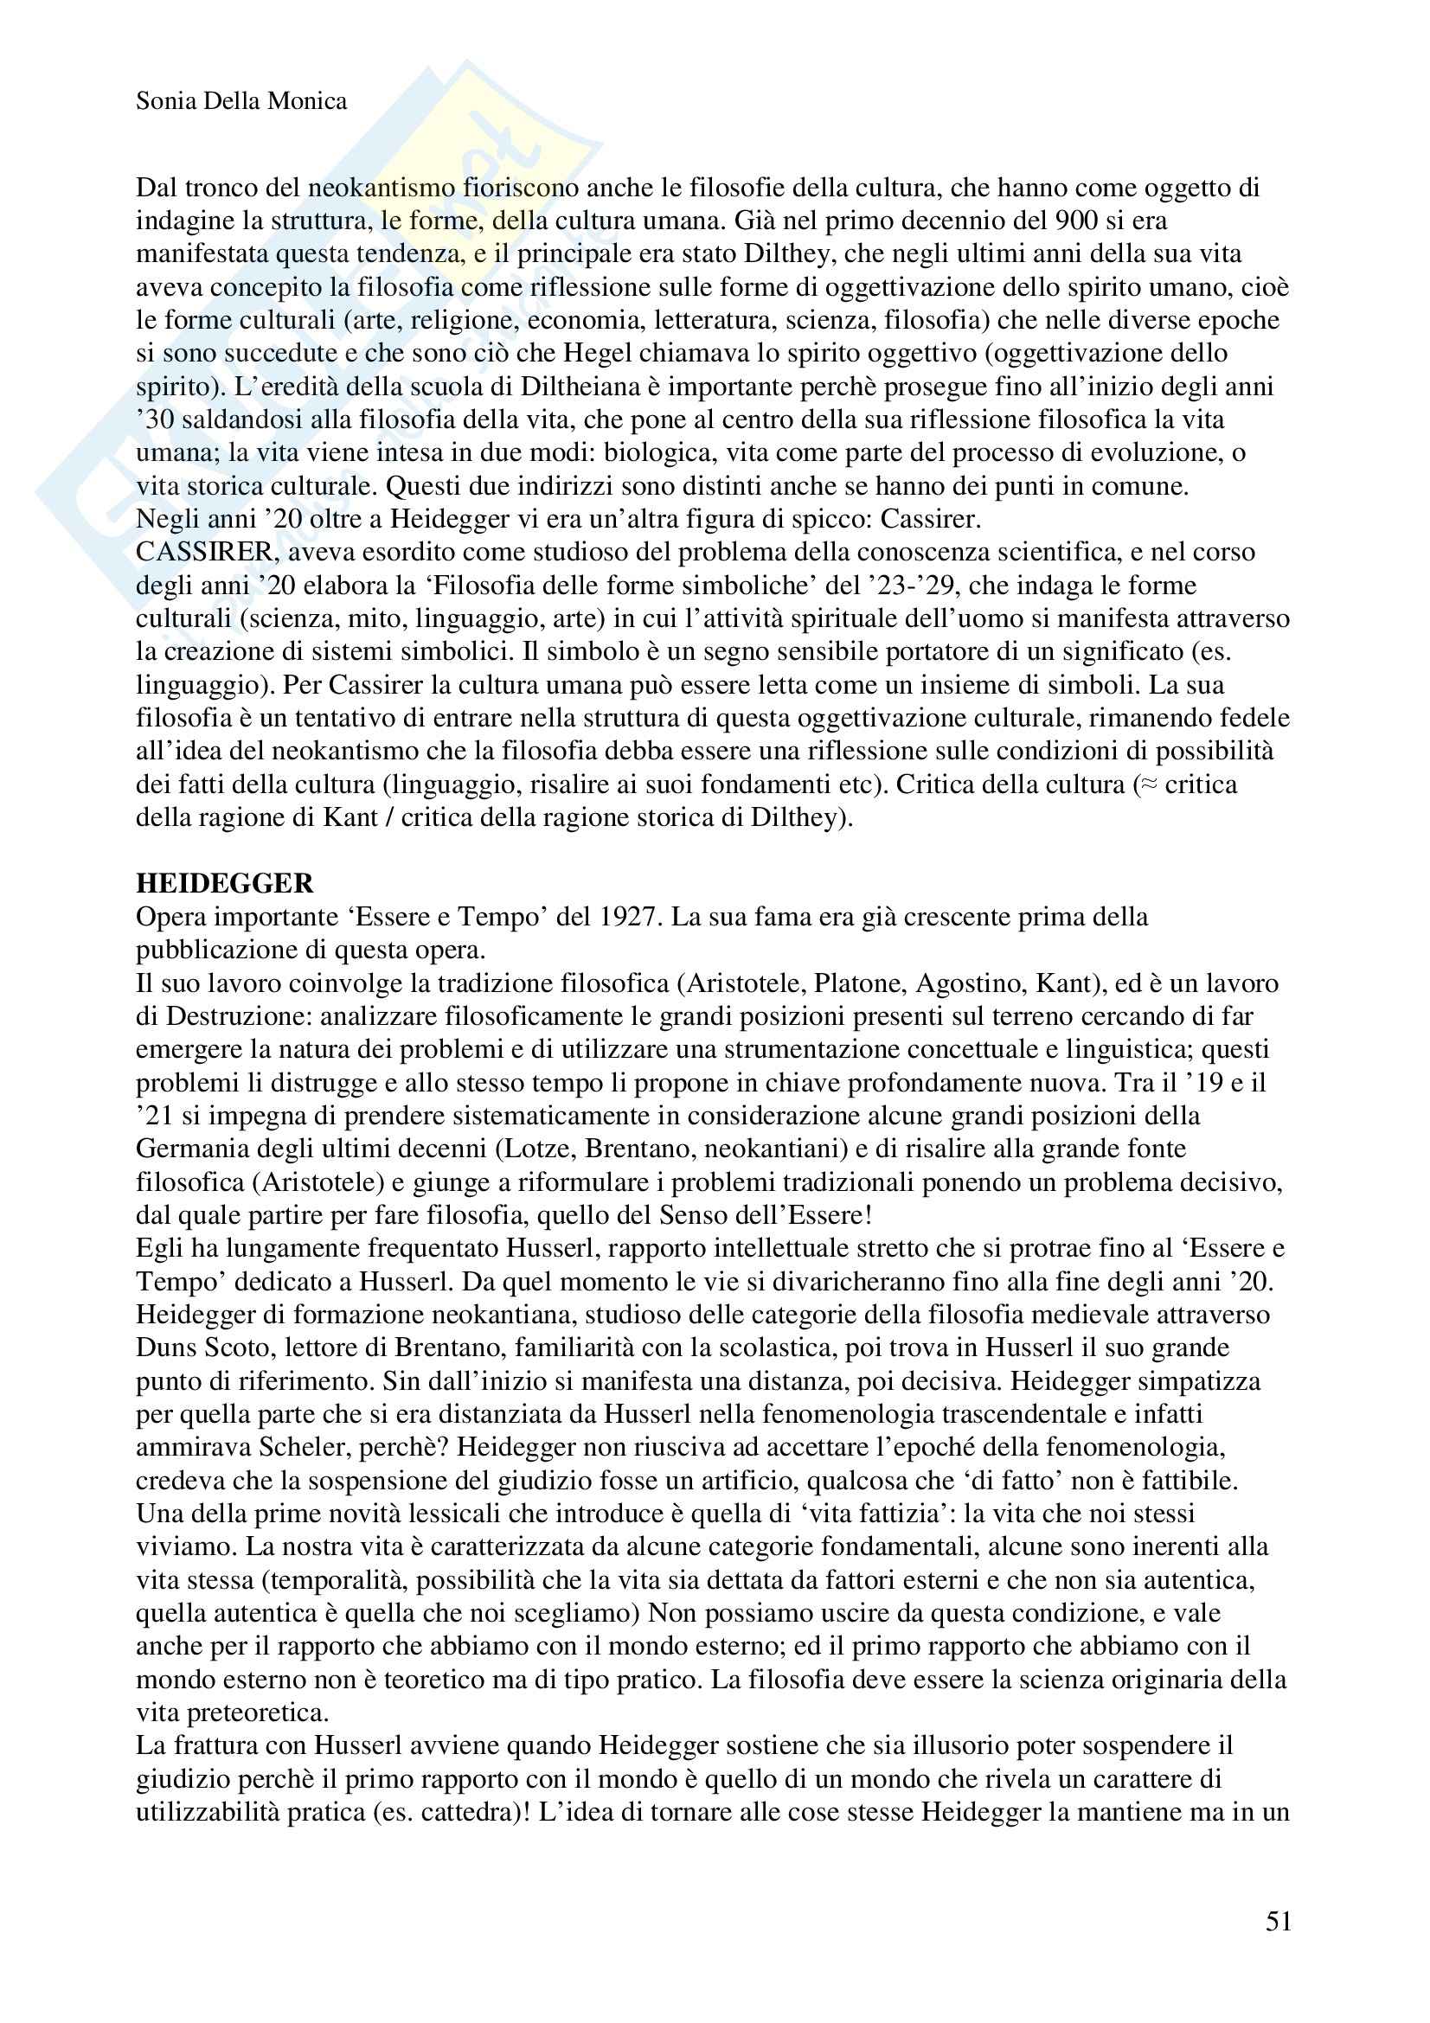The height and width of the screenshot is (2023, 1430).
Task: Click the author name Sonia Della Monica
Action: [x=241, y=101]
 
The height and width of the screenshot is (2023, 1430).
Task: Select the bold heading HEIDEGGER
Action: [x=225, y=883]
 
